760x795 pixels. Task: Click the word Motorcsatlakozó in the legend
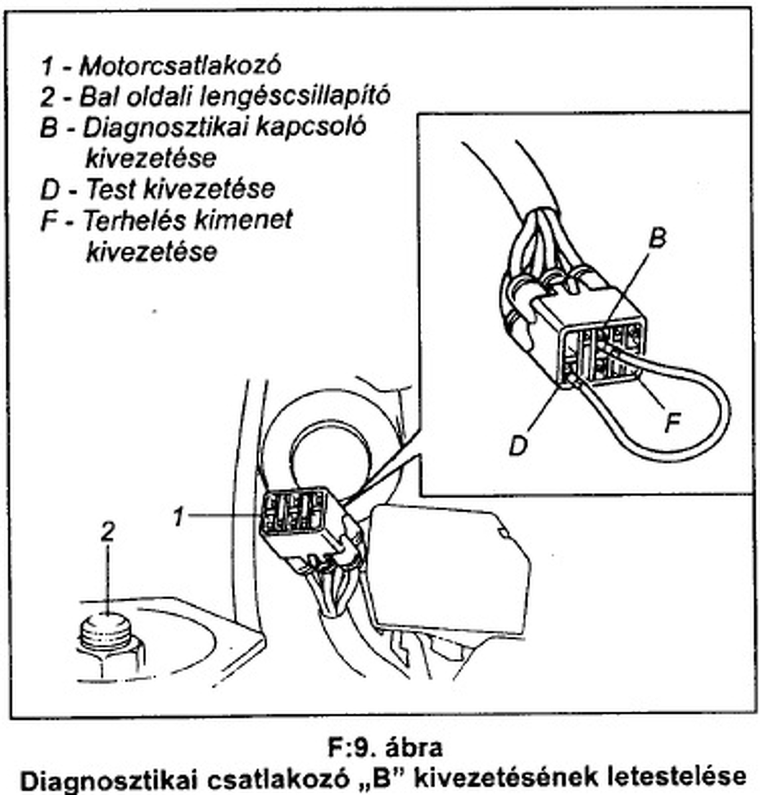tap(180, 65)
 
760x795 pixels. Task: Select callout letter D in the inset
tap(518, 445)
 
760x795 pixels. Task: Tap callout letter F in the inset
tap(672, 423)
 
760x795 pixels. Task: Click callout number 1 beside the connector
tap(179, 516)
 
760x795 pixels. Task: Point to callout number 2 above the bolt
tap(107, 532)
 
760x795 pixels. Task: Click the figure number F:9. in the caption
tap(351, 747)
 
